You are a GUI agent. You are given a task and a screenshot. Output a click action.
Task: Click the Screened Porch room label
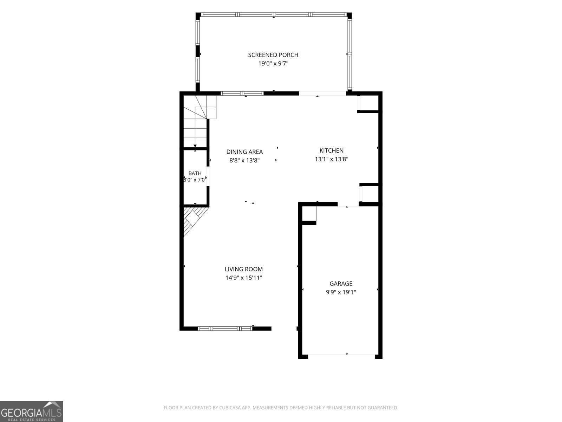point(273,55)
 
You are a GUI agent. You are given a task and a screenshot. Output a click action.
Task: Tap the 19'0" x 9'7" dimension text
point(273,64)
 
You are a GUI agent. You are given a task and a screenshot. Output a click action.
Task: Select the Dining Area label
point(244,152)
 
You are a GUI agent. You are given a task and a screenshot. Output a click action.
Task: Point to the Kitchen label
point(332,151)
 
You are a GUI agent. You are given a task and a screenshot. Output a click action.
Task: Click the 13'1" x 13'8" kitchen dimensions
point(332,159)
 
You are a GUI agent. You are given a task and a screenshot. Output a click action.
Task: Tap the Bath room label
point(195,173)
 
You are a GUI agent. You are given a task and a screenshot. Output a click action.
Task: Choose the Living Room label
point(244,269)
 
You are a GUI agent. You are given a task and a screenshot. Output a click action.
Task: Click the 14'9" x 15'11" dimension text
point(244,278)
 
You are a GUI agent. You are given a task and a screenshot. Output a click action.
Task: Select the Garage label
point(341,284)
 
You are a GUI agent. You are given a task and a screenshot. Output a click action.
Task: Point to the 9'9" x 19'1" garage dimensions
point(341,292)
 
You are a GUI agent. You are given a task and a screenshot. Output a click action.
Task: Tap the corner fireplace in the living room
point(193,220)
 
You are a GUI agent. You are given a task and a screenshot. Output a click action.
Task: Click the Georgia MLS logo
point(32,411)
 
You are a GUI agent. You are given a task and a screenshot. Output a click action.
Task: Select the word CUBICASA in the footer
point(230,408)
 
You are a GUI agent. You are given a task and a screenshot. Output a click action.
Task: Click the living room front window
point(225,328)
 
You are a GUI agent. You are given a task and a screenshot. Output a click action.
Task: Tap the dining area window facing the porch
point(242,94)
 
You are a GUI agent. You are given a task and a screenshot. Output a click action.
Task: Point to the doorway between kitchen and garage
point(348,204)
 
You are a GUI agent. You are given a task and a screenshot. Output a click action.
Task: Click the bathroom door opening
point(208,176)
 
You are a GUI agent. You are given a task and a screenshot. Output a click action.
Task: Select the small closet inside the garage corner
point(309,213)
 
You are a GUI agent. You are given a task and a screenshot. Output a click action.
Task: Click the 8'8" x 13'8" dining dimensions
point(244,161)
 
